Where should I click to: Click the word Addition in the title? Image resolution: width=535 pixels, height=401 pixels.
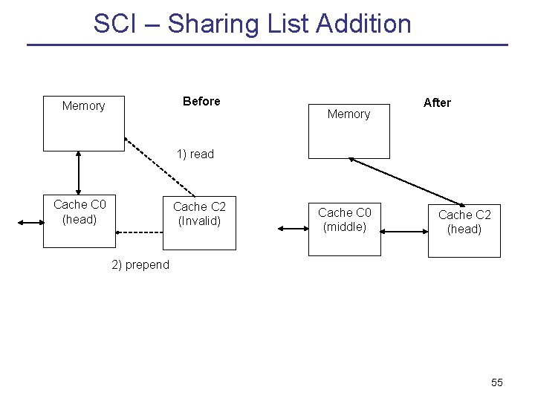pyautogui.click(x=363, y=24)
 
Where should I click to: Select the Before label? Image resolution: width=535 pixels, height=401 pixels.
pyautogui.click(x=201, y=101)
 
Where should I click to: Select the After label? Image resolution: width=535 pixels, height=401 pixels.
pyautogui.click(x=437, y=102)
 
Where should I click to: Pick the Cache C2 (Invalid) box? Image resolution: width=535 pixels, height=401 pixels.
pyautogui.click(x=199, y=222)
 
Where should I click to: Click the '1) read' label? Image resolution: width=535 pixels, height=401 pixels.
pyautogui.click(x=195, y=154)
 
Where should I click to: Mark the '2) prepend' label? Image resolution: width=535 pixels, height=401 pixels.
pyautogui.click(x=140, y=265)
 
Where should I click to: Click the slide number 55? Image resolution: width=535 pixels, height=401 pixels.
pyautogui.click(x=497, y=382)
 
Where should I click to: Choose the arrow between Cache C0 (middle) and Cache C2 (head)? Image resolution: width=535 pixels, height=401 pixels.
pyautogui.click(x=404, y=232)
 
